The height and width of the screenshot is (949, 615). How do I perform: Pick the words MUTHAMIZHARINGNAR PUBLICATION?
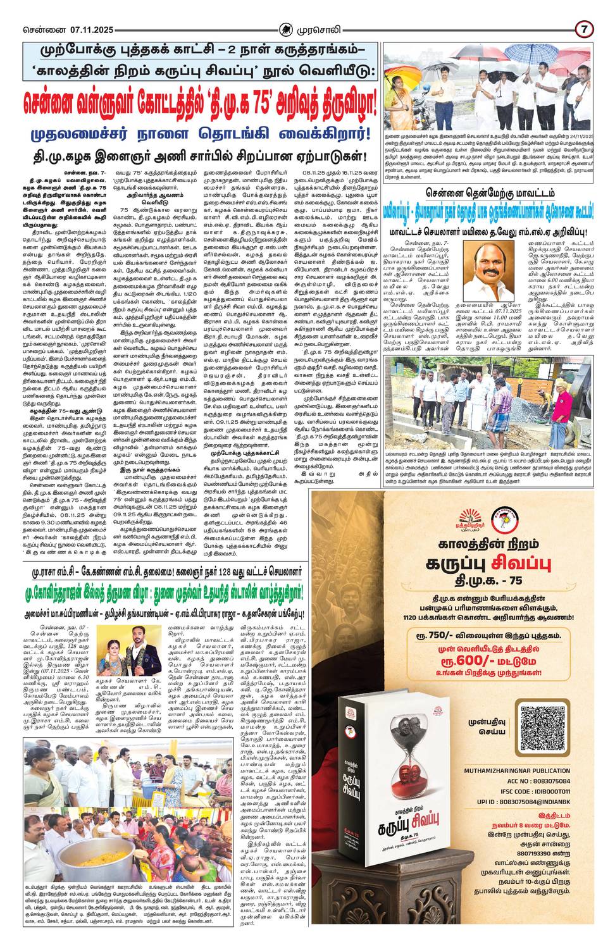521,771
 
